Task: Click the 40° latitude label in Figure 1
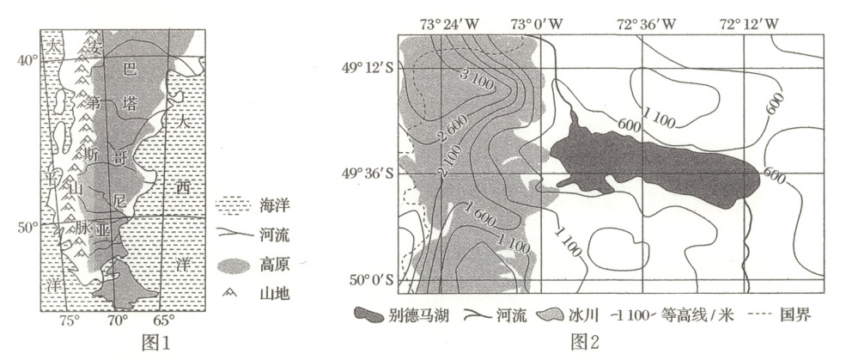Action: click(x=28, y=59)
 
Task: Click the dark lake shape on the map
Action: click(x=653, y=167)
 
